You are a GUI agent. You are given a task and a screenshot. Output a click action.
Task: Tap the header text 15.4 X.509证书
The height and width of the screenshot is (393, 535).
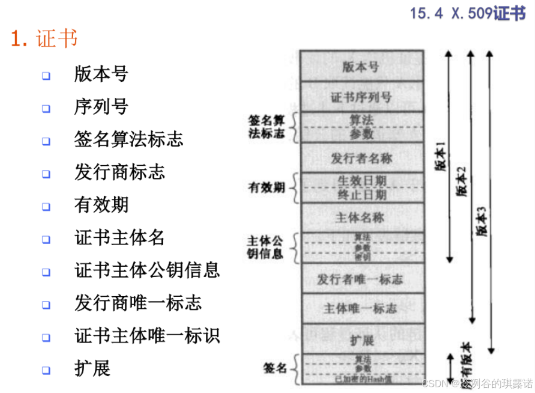(468, 13)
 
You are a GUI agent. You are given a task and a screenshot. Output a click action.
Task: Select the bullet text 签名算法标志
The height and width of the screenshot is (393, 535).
(128, 139)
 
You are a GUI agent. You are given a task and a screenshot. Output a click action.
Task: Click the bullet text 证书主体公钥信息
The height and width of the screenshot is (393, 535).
(147, 270)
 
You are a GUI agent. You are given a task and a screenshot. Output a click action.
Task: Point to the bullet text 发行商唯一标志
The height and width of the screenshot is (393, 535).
(138, 303)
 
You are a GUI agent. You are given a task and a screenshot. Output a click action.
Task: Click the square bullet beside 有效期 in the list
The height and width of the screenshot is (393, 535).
(46, 207)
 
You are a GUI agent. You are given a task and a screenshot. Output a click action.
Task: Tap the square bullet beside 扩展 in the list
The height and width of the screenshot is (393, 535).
(46, 370)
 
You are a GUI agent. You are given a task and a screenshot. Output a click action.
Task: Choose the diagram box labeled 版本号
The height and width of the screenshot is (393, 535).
(361, 67)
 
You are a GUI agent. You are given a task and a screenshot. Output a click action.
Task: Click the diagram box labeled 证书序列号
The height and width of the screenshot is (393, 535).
(361, 97)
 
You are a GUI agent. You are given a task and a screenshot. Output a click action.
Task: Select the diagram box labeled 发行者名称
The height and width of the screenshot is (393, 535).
(361, 158)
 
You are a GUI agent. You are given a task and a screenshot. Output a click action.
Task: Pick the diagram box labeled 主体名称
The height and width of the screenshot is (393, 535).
(361, 217)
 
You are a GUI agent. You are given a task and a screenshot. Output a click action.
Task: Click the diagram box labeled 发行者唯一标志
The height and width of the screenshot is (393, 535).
(361, 279)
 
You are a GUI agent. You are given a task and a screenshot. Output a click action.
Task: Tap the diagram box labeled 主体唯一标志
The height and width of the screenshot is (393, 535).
(361, 308)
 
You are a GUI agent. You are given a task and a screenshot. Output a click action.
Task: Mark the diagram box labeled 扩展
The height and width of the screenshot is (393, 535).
(361, 340)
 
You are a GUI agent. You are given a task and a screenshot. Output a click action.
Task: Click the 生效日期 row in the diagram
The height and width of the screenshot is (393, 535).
(361, 180)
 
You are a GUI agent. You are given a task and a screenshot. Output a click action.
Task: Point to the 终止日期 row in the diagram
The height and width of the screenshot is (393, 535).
(361, 195)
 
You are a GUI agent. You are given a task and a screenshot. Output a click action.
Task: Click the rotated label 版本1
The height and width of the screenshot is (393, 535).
(441, 158)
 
